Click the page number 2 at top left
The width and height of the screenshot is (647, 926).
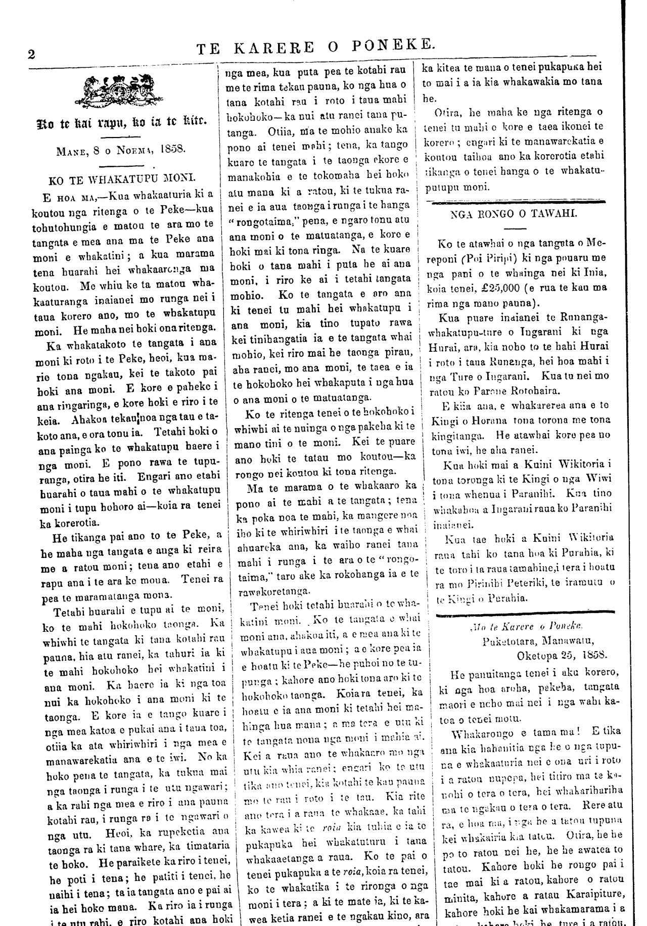click(31, 55)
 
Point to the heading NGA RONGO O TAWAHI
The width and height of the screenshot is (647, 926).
click(515, 213)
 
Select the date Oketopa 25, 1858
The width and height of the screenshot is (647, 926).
click(562, 655)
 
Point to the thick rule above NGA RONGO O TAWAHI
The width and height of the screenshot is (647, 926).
click(515, 202)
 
